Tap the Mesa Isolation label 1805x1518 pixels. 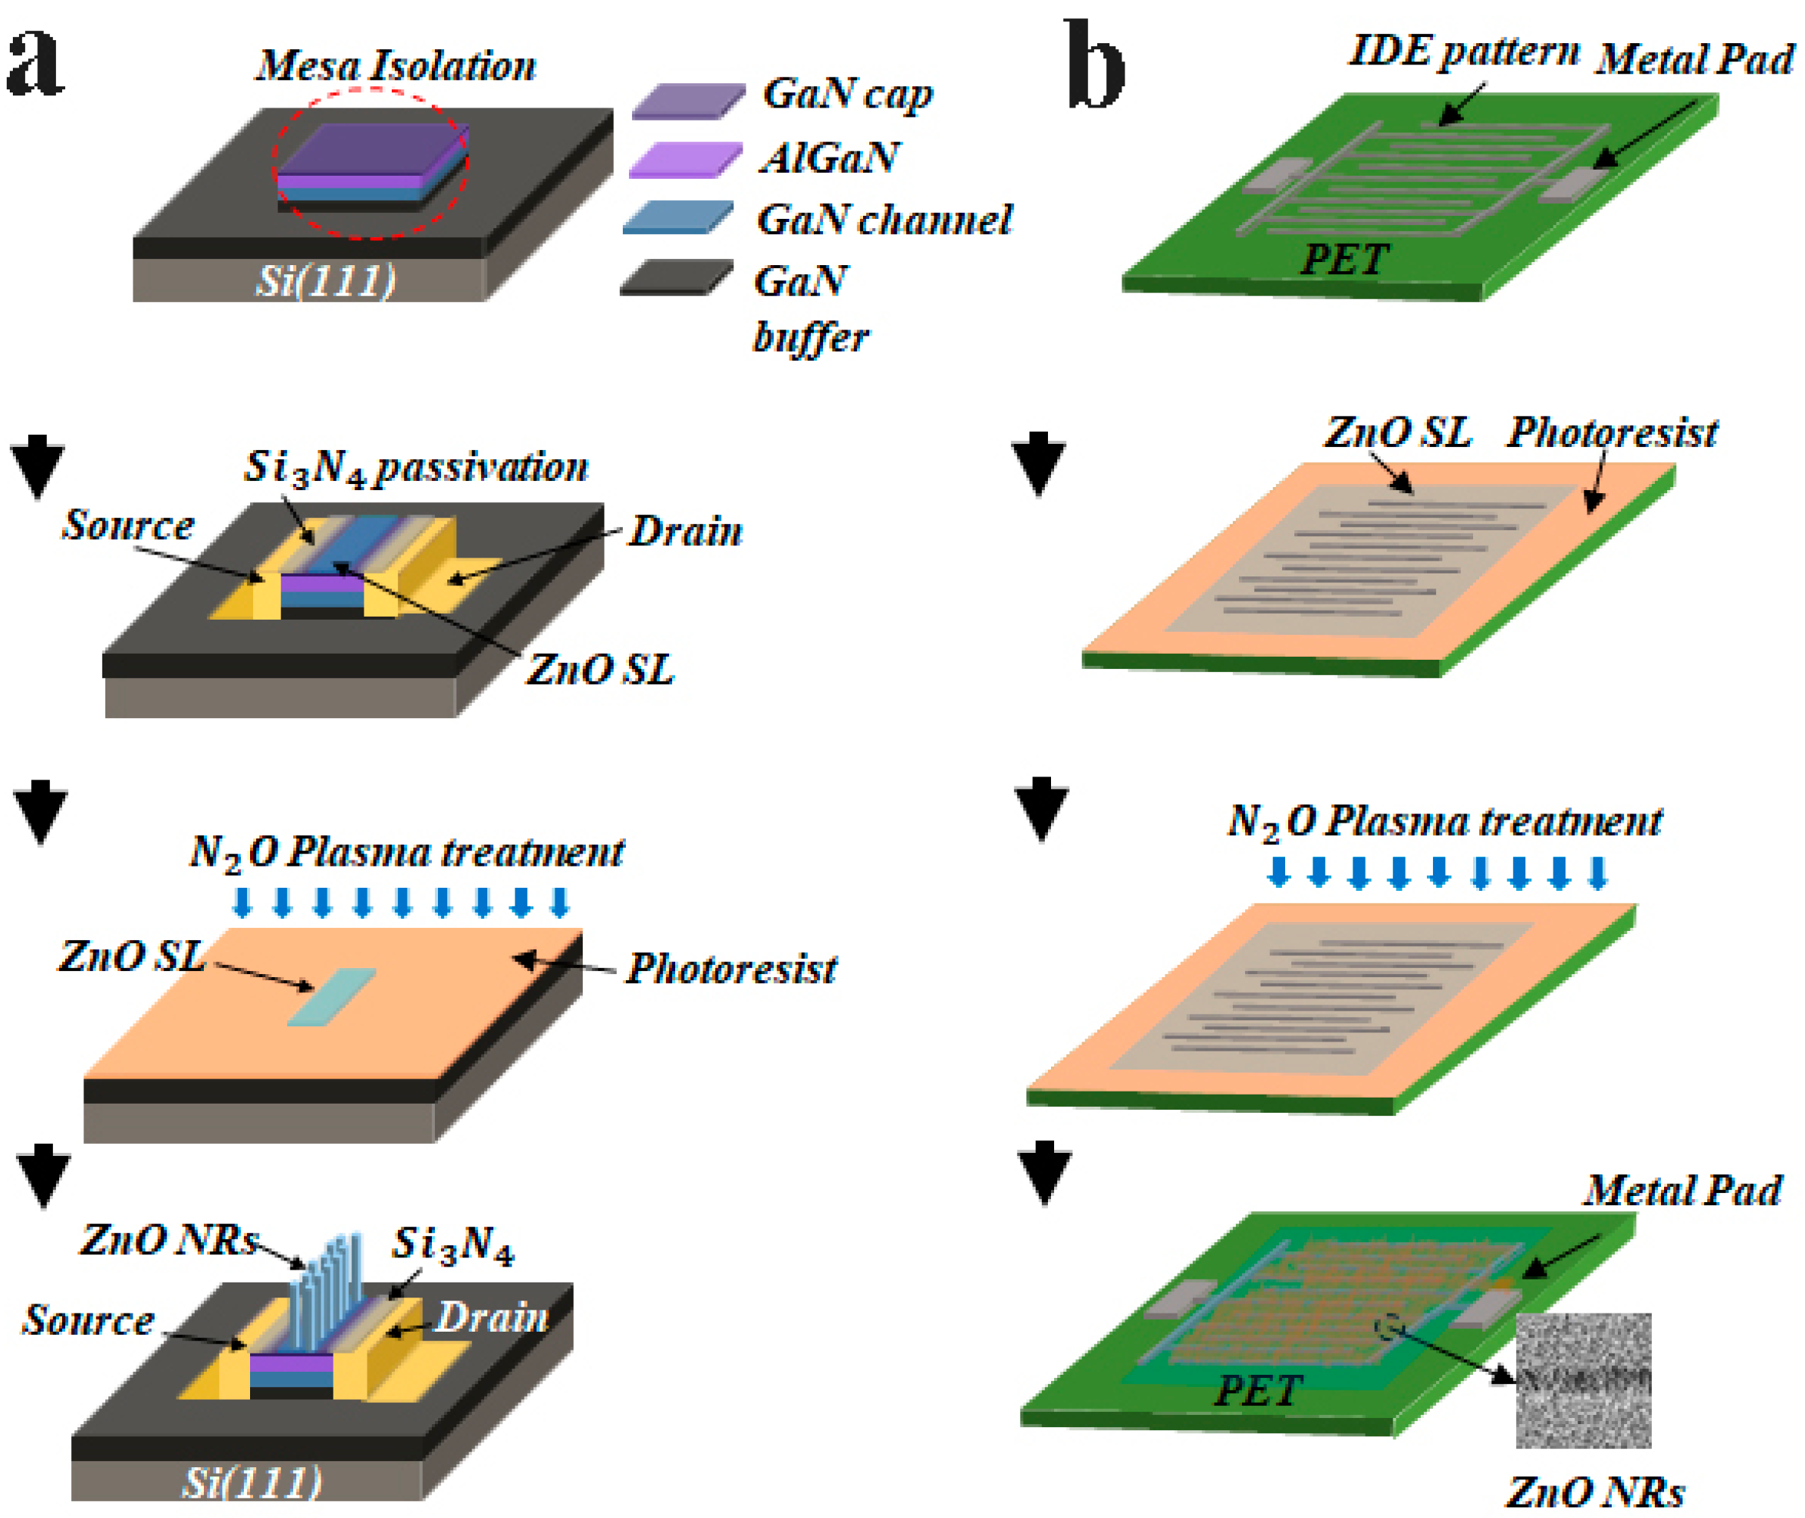[x=396, y=65]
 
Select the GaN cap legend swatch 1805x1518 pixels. [x=688, y=101]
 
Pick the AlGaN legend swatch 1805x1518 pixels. [x=685, y=160]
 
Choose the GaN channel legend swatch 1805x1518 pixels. [x=678, y=217]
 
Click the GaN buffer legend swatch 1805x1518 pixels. [x=677, y=278]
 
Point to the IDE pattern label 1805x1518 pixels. [x=1463, y=52]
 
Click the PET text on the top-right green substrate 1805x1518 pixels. [x=1343, y=259]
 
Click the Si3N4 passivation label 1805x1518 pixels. [x=416, y=467]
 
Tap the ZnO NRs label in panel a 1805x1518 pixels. [x=169, y=1240]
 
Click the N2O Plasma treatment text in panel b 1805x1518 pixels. [x=1444, y=822]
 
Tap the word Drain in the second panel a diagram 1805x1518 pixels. [x=685, y=532]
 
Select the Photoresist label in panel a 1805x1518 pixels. [x=730, y=969]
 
